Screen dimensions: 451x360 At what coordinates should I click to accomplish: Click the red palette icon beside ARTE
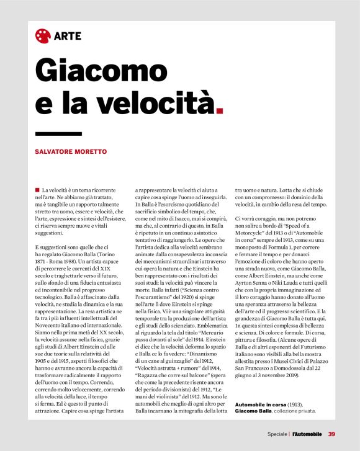point(42,35)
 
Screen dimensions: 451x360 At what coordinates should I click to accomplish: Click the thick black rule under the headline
point(58,133)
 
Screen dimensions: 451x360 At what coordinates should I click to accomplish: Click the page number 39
point(331,433)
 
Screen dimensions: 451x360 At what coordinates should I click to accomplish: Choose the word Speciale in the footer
point(278,433)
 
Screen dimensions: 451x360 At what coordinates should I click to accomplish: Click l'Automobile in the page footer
point(308,433)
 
